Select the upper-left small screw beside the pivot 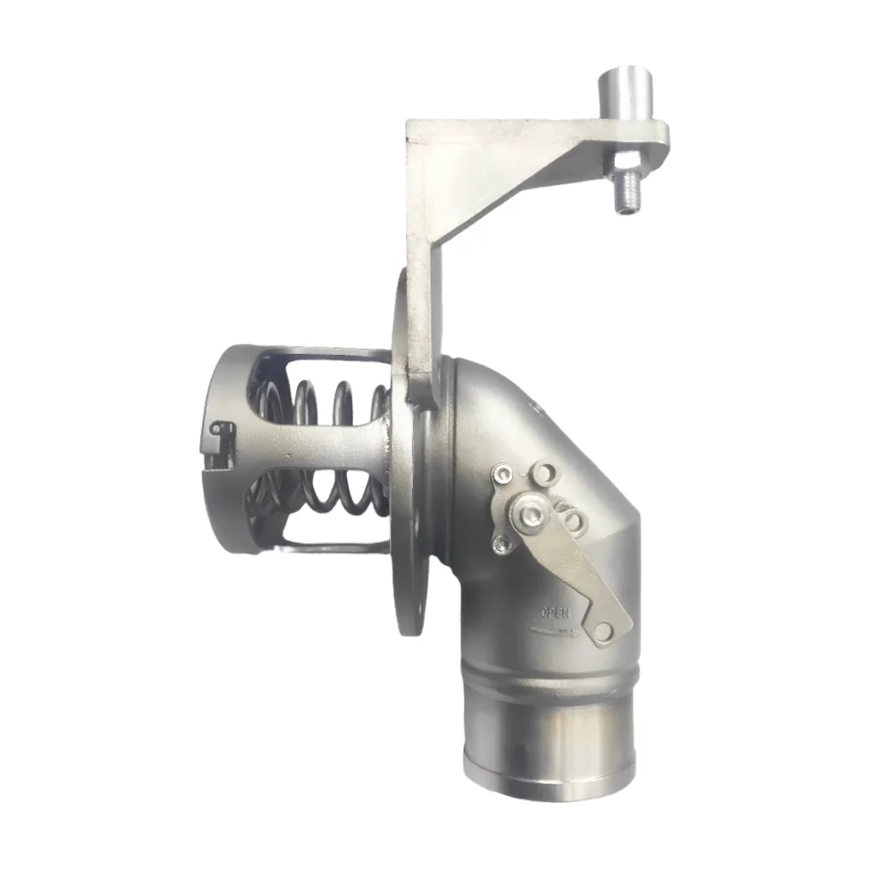pyautogui.click(x=502, y=473)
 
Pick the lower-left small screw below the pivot pyautogui.click(x=502, y=545)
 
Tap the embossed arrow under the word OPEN pyautogui.click(x=555, y=631)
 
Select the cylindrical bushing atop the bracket pyautogui.click(x=626, y=94)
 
